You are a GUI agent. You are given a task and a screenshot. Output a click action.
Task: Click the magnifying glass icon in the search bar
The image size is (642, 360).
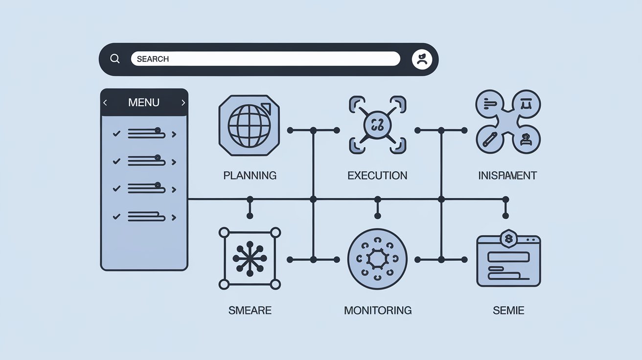pos(115,59)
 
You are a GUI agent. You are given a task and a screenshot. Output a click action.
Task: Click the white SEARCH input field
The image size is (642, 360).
pos(265,59)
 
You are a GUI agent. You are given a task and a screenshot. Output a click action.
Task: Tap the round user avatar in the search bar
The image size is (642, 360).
pos(422,59)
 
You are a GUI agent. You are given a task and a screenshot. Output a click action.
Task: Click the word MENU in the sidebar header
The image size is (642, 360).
pos(143,103)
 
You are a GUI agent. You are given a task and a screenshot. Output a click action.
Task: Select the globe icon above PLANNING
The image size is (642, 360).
pos(249,125)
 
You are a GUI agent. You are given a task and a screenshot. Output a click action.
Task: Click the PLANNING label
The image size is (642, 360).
pos(250,175)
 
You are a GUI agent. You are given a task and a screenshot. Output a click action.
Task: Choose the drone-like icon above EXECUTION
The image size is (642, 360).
pos(377,125)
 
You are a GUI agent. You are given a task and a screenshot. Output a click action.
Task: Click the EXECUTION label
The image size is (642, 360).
pos(377,175)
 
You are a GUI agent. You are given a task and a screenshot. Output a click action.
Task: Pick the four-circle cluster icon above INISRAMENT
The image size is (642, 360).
pos(508,122)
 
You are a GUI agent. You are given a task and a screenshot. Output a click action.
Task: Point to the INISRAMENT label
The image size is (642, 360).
pos(507,175)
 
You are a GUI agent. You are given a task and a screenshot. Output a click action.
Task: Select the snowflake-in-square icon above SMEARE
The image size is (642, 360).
pos(250,258)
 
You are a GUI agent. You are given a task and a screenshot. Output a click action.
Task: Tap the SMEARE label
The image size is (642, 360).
pos(250,310)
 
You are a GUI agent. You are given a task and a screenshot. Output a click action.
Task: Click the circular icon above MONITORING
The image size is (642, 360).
pos(377,259)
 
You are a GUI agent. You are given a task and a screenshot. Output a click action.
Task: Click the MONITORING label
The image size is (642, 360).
pos(377,310)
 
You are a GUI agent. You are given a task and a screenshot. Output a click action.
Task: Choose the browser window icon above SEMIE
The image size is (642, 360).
pos(508,262)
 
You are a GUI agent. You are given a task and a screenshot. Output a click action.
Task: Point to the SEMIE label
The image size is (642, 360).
pos(508,310)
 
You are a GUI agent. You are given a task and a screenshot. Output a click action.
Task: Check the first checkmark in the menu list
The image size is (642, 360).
pos(116,134)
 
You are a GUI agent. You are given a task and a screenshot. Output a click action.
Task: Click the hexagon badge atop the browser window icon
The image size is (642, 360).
pos(508,238)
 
